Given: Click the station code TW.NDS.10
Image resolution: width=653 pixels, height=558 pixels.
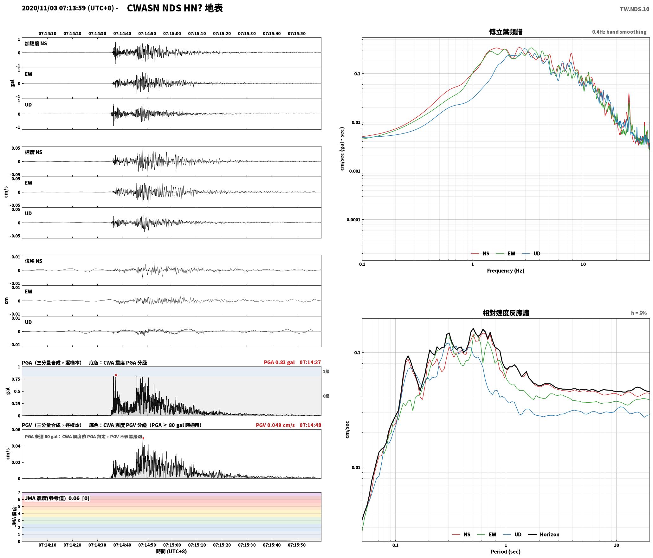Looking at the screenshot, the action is click(635, 9).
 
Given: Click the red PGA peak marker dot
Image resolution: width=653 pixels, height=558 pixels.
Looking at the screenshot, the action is click(116, 375).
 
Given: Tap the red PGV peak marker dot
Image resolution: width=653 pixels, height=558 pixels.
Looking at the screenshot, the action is click(143, 438).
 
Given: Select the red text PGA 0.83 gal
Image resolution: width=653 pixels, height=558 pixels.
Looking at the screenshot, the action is click(279, 362).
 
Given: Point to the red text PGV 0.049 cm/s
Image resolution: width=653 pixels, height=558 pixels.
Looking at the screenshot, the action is click(275, 425).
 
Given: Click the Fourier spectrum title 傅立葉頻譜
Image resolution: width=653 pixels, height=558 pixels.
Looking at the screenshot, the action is click(506, 32).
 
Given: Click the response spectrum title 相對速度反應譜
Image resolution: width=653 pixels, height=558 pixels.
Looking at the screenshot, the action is click(506, 313).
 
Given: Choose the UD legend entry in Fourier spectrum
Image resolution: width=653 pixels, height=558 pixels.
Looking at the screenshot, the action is click(531, 253).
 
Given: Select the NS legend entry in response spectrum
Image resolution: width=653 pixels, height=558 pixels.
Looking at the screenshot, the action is click(461, 534).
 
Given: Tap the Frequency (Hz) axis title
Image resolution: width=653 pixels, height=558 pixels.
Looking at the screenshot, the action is click(506, 270).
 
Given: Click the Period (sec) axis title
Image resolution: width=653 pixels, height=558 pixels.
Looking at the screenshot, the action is click(506, 551).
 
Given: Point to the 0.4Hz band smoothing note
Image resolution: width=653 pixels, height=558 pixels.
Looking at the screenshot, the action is click(619, 32).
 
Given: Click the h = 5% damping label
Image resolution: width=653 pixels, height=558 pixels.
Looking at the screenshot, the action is click(639, 313).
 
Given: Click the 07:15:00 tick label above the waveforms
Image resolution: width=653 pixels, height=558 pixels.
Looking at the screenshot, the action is click(172, 33).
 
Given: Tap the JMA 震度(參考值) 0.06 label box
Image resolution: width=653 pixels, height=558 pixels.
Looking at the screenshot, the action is click(57, 498).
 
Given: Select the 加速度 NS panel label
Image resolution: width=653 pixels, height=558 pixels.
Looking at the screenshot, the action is click(36, 43).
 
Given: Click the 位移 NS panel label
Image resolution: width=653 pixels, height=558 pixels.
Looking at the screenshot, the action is click(34, 261).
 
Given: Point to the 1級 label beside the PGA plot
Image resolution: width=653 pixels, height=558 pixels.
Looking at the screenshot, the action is click(326, 371).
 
